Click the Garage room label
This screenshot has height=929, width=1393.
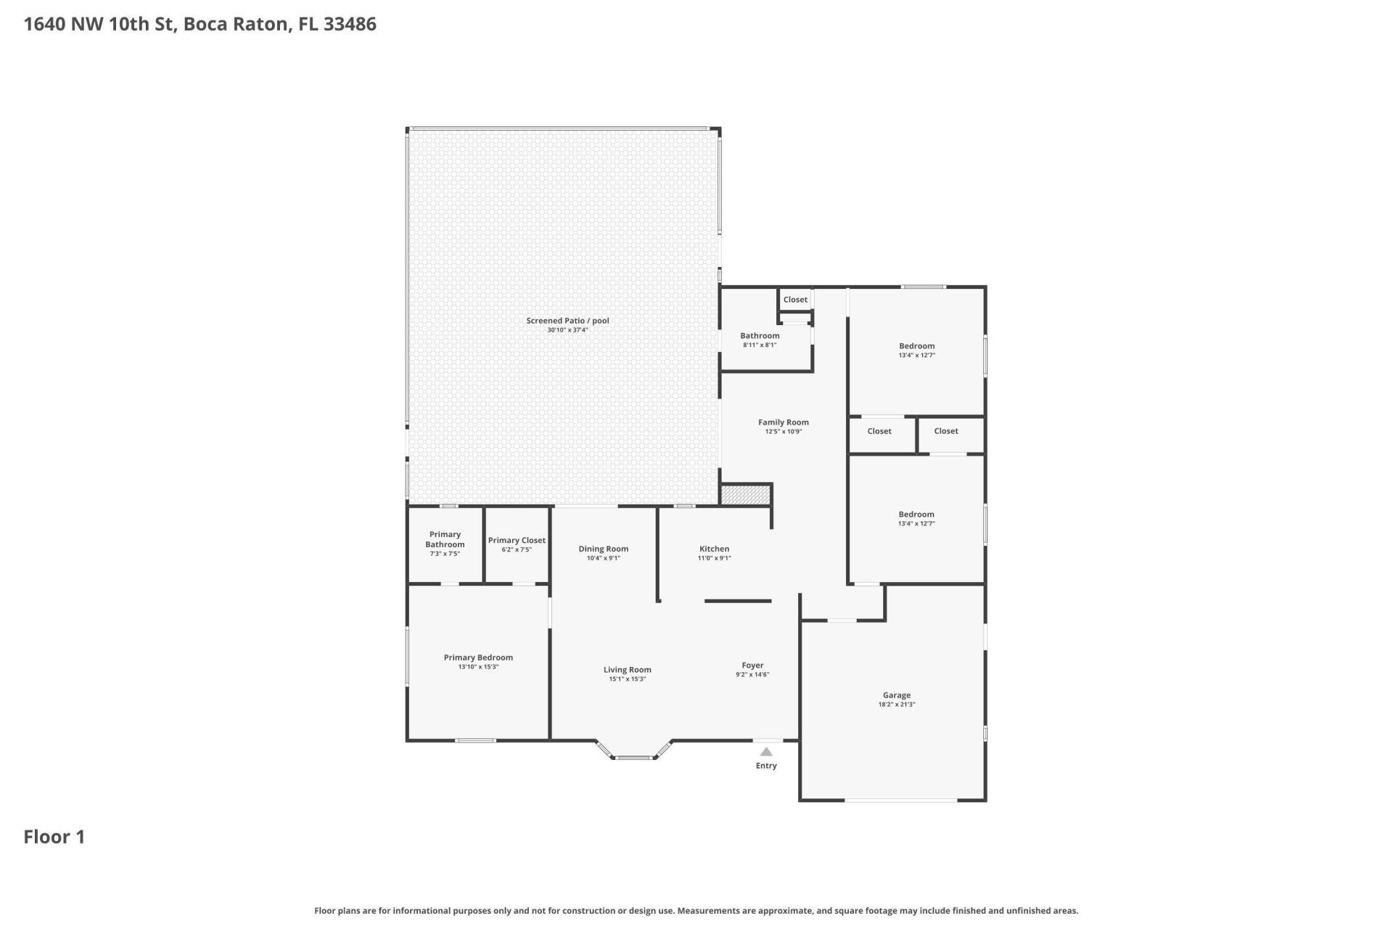coord(897,695)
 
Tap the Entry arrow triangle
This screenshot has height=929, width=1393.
coord(766,752)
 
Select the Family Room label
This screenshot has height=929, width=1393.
coord(783,422)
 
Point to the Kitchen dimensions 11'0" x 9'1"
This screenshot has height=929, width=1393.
coord(714,558)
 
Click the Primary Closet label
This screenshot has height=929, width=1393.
coord(517,540)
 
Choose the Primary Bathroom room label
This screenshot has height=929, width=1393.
coord(445,539)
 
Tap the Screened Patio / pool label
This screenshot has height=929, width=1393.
coord(567,321)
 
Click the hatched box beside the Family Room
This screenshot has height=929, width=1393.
coord(745,494)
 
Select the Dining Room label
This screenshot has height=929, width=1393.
coord(603,549)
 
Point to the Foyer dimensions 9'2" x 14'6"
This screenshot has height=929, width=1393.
coord(752,675)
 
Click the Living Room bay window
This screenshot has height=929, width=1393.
coord(633,757)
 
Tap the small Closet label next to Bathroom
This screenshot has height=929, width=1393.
coord(795,300)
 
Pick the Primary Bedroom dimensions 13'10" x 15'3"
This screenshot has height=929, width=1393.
coord(478,667)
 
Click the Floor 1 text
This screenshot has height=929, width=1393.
coord(54,837)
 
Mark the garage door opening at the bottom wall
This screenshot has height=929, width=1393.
coord(900,800)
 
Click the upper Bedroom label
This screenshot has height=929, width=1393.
coord(916,346)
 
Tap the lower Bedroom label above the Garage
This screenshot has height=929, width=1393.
coord(916,515)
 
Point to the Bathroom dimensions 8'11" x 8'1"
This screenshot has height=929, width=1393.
coord(760,345)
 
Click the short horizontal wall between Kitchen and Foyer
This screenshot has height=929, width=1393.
coord(737,601)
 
